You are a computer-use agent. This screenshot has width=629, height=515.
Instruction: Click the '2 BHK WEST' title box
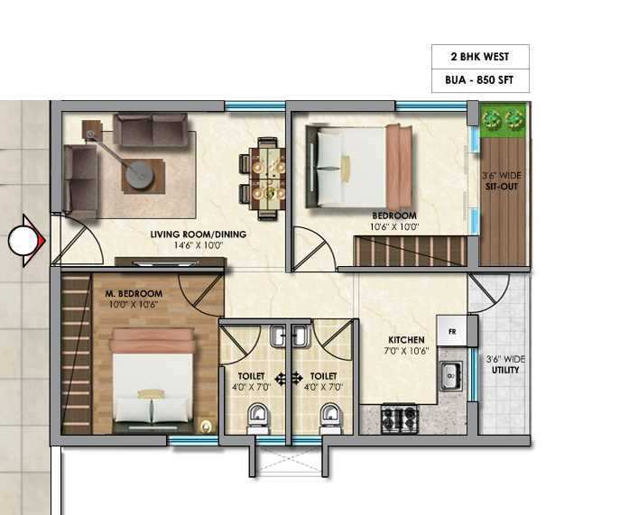pos(480,57)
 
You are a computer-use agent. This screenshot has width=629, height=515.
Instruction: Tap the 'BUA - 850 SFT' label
pos(479,80)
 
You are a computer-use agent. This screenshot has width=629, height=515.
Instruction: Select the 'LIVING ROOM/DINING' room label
pos(199,235)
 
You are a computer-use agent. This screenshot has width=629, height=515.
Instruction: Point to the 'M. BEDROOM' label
pos(134,294)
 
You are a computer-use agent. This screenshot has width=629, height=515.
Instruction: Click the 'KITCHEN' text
pos(406,340)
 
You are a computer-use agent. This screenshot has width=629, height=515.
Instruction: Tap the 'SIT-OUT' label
pos(502,187)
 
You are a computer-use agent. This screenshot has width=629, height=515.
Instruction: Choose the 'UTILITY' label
pos(505,370)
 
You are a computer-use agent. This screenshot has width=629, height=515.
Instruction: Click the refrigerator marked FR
pos(452,331)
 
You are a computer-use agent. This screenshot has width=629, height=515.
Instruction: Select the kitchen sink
pos(451,376)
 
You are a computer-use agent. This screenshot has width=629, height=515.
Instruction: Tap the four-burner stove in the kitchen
pos(399,418)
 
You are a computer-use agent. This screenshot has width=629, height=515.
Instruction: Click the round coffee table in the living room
pos(140,174)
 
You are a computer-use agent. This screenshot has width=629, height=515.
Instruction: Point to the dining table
pos(267,179)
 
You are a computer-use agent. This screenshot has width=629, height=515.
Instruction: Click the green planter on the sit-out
pos(503,119)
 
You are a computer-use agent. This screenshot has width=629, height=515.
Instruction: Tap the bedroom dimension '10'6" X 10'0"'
pos(394,227)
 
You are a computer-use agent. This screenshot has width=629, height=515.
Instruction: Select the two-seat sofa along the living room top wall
pos(151,130)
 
